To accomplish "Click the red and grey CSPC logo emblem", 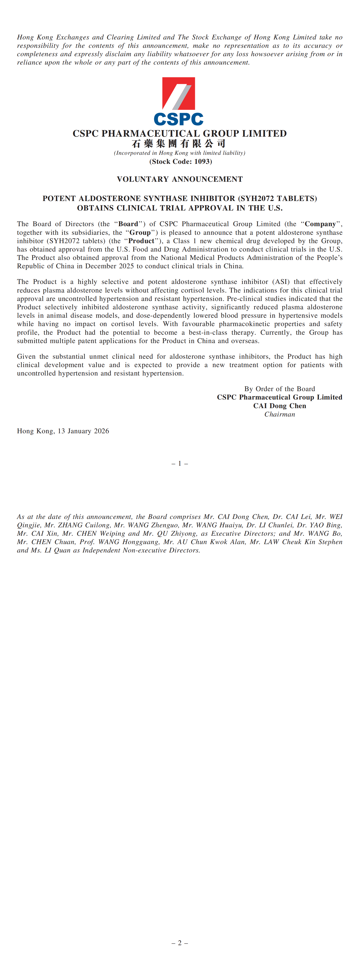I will (x=178, y=93).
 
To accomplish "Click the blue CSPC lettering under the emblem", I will (x=178, y=119).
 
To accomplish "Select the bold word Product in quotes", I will (x=141, y=241).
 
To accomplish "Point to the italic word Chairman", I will (x=280, y=414).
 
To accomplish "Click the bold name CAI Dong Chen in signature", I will (x=280, y=406).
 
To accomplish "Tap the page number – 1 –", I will (x=180, y=463).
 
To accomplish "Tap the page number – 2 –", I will (x=180, y=943).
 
